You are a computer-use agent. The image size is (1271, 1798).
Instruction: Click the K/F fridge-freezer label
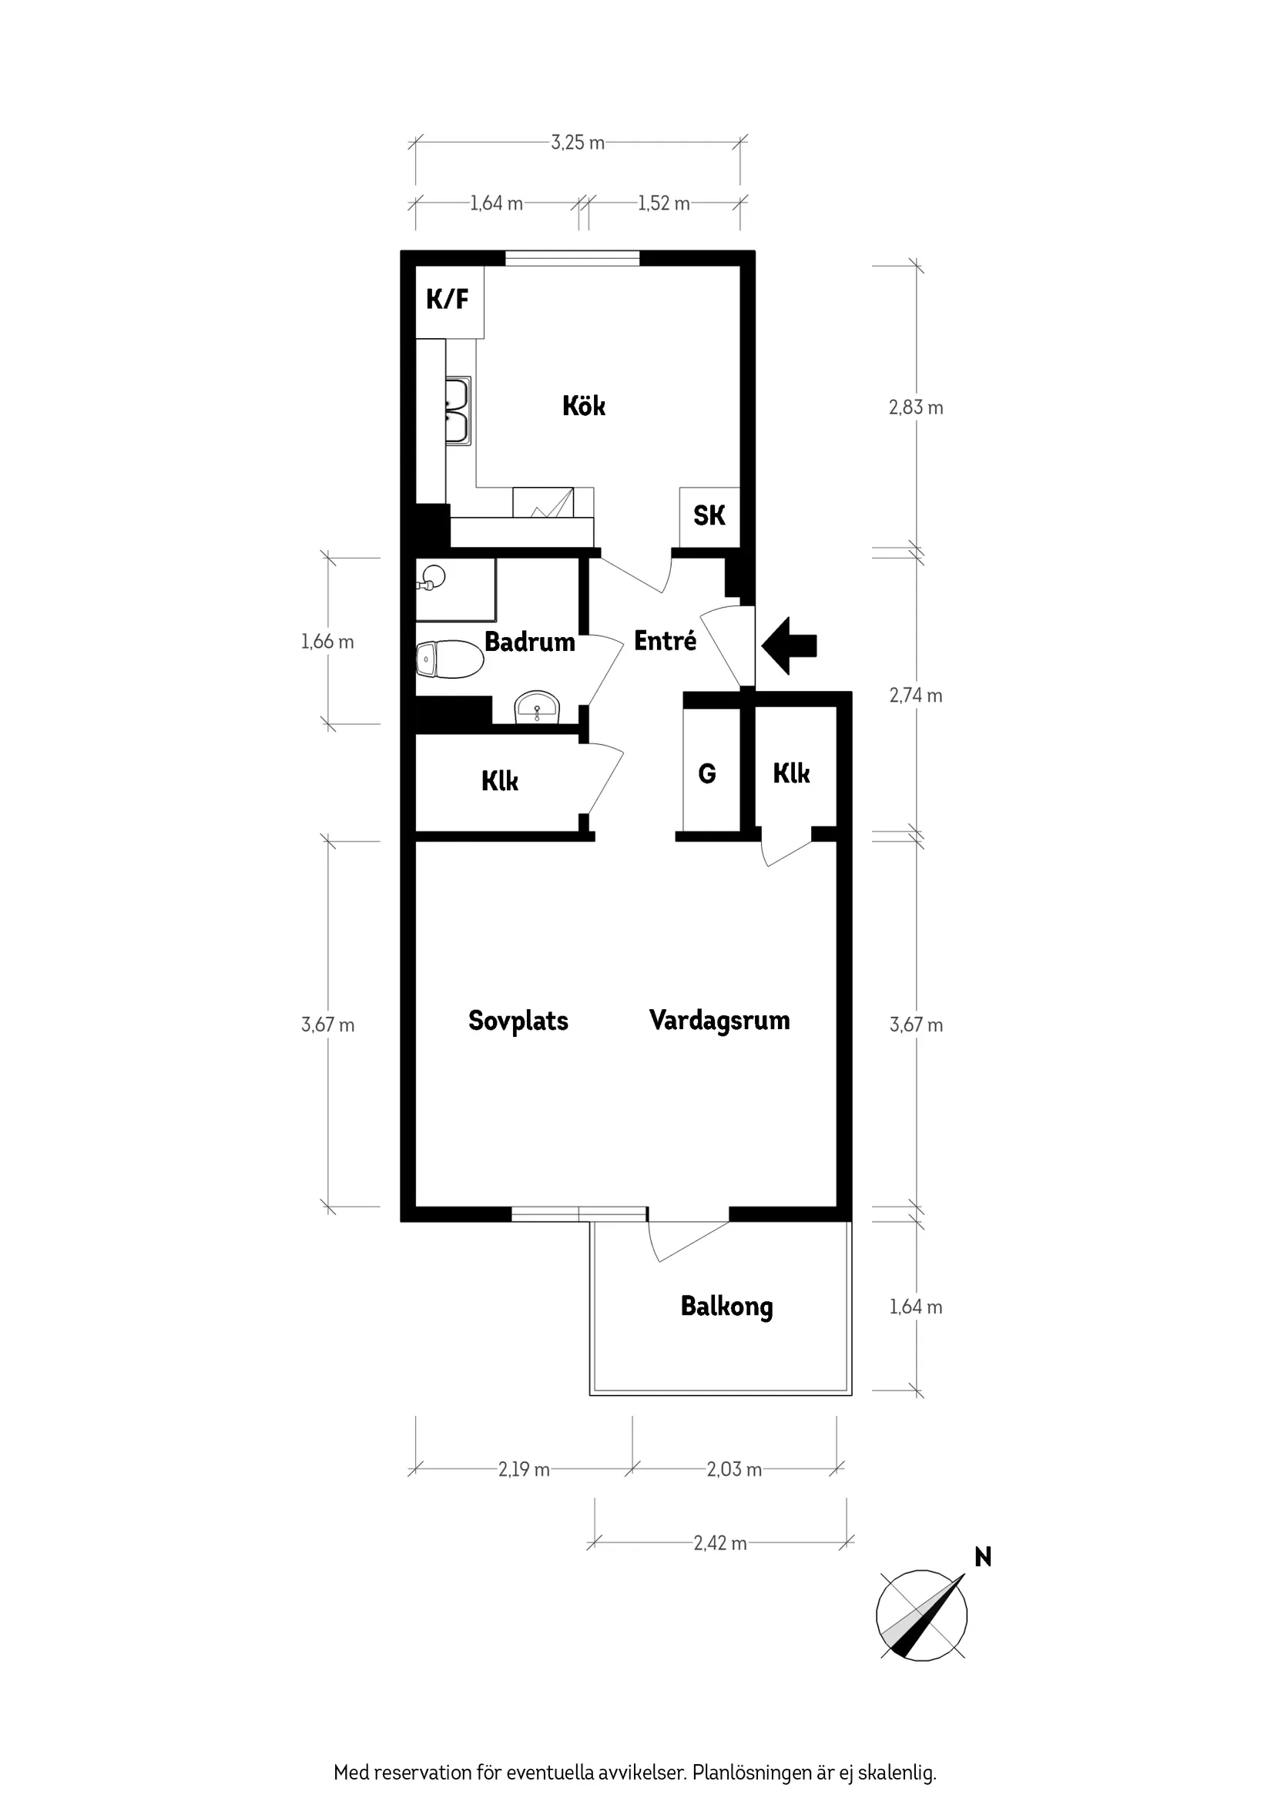(447, 299)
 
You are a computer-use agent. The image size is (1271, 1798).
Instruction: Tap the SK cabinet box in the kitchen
(709, 516)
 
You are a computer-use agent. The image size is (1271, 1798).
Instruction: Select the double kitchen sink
(457, 411)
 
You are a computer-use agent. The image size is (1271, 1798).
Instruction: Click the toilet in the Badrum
(449, 659)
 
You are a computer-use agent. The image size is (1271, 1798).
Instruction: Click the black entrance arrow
(790, 646)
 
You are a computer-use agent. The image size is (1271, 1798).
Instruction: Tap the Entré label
(665, 641)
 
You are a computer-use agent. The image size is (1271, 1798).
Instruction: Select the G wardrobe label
(706, 773)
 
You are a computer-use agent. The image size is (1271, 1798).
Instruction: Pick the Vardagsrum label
(719, 1021)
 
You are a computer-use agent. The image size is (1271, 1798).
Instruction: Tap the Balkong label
(726, 1307)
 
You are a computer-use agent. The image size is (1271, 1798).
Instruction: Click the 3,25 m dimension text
(577, 143)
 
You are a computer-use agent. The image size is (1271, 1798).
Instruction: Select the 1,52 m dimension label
(663, 203)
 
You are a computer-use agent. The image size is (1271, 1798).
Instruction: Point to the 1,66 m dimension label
(327, 642)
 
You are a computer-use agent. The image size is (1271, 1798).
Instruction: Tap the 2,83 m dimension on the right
(915, 408)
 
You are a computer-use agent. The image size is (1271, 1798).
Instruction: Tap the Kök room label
(583, 406)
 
